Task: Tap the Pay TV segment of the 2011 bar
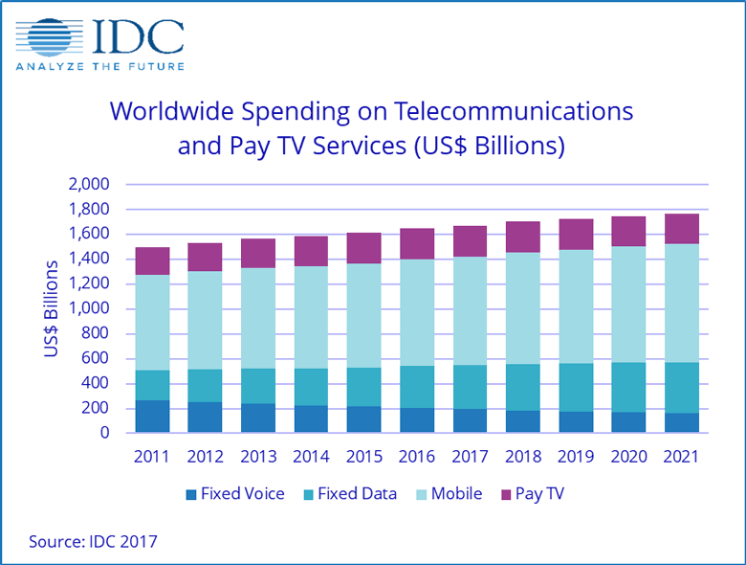(x=152, y=261)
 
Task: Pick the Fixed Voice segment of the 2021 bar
(x=682, y=423)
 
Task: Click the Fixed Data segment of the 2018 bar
(x=522, y=388)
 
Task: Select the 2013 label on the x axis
(x=258, y=456)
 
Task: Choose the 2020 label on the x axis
(x=628, y=456)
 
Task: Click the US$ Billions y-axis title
(x=52, y=308)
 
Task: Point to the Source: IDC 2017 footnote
(x=93, y=542)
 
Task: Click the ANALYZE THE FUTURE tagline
(x=99, y=66)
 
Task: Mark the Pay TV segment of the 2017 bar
(x=470, y=241)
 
